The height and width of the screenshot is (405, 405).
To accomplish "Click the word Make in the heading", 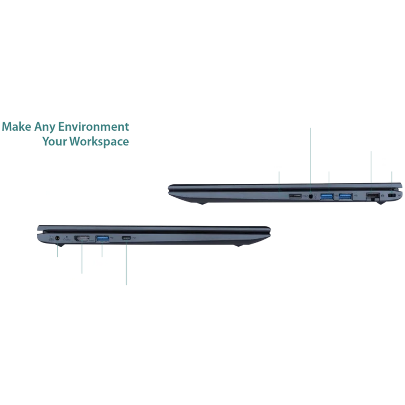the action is (x=16, y=127).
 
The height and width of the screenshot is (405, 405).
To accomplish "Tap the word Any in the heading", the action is (x=45, y=127).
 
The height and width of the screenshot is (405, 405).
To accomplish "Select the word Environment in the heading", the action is (x=93, y=127).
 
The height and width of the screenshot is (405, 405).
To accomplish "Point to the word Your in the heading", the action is (x=55, y=142).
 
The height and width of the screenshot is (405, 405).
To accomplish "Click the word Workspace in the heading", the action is (x=99, y=142).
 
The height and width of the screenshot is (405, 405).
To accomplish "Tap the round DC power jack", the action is (x=57, y=238).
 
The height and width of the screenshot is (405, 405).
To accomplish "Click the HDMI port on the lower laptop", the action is (x=82, y=238).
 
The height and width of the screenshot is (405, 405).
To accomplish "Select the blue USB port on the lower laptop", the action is (x=102, y=239).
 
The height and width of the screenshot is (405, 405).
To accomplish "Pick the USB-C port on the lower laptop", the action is (x=127, y=238).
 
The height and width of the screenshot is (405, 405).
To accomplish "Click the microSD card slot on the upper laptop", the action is (x=295, y=196).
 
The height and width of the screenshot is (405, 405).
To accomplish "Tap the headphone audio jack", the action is (x=310, y=196).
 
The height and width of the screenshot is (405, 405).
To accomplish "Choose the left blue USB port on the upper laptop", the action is (x=327, y=197).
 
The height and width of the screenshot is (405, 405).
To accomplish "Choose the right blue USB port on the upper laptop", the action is (x=346, y=197).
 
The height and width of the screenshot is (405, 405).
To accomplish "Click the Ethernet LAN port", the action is (x=373, y=197).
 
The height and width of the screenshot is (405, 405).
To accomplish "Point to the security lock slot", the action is (x=393, y=196).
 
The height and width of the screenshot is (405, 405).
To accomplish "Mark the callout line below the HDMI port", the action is (x=82, y=257).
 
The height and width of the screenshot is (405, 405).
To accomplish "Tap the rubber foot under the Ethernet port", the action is (x=381, y=203).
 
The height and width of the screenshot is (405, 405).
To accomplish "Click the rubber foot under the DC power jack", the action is (x=59, y=245).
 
